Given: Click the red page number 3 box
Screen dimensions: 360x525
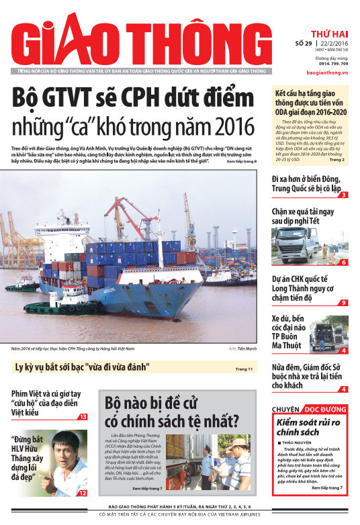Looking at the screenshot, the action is pyautogui.click(x=343, y=195).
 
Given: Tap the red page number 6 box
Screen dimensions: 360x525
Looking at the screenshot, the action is pyautogui.click(x=343, y=262).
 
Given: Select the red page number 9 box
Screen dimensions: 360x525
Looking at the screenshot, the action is pyautogui.click(x=343, y=303).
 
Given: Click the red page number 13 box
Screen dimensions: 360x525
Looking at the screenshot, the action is pyautogui.click(x=83, y=417).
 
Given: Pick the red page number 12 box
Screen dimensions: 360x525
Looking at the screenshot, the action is pyautogui.click(x=83, y=493).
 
